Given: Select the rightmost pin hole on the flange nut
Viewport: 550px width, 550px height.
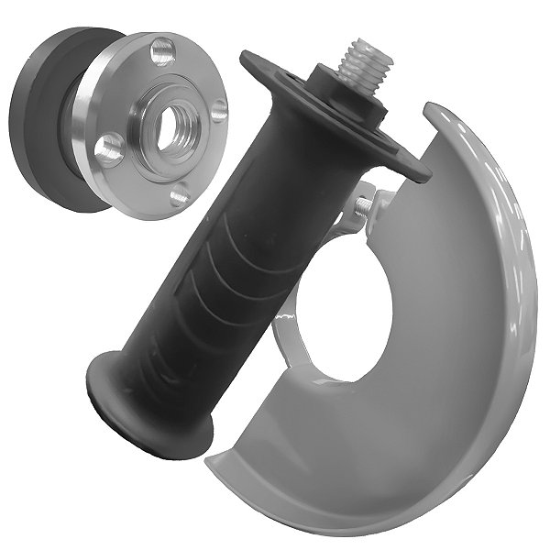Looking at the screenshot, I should click(219, 111).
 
